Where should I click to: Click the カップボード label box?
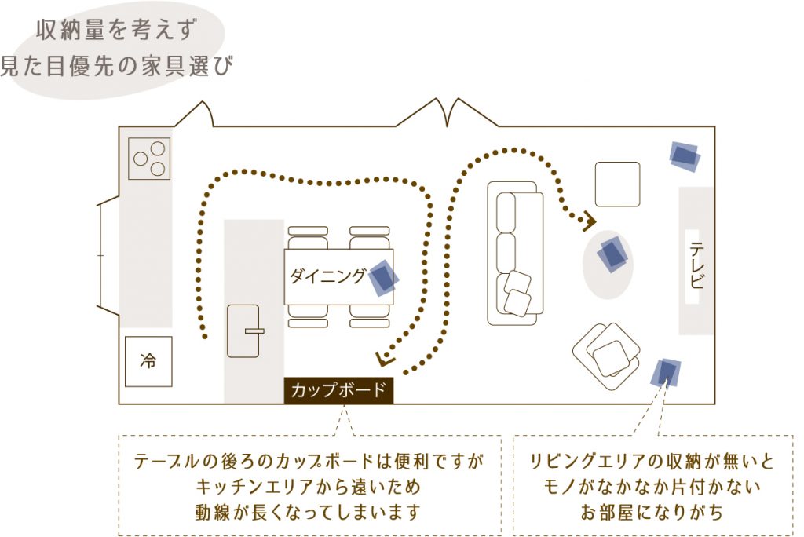(x=338, y=390)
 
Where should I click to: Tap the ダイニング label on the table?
(x=327, y=276)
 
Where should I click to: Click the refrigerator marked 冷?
(x=148, y=362)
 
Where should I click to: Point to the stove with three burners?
(x=148, y=159)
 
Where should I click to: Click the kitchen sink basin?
(x=243, y=331)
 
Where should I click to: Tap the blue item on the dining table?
(x=383, y=277)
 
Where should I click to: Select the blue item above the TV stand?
(x=685, y=156)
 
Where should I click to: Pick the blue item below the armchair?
(x=666, y=373)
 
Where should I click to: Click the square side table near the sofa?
(x=617, y=184)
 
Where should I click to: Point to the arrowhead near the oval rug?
(x=590, y=222)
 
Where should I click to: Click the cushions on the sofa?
(x=517, y=292)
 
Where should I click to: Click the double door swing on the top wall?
(x=447, y=111)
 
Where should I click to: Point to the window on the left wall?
(x=108, y=255)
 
